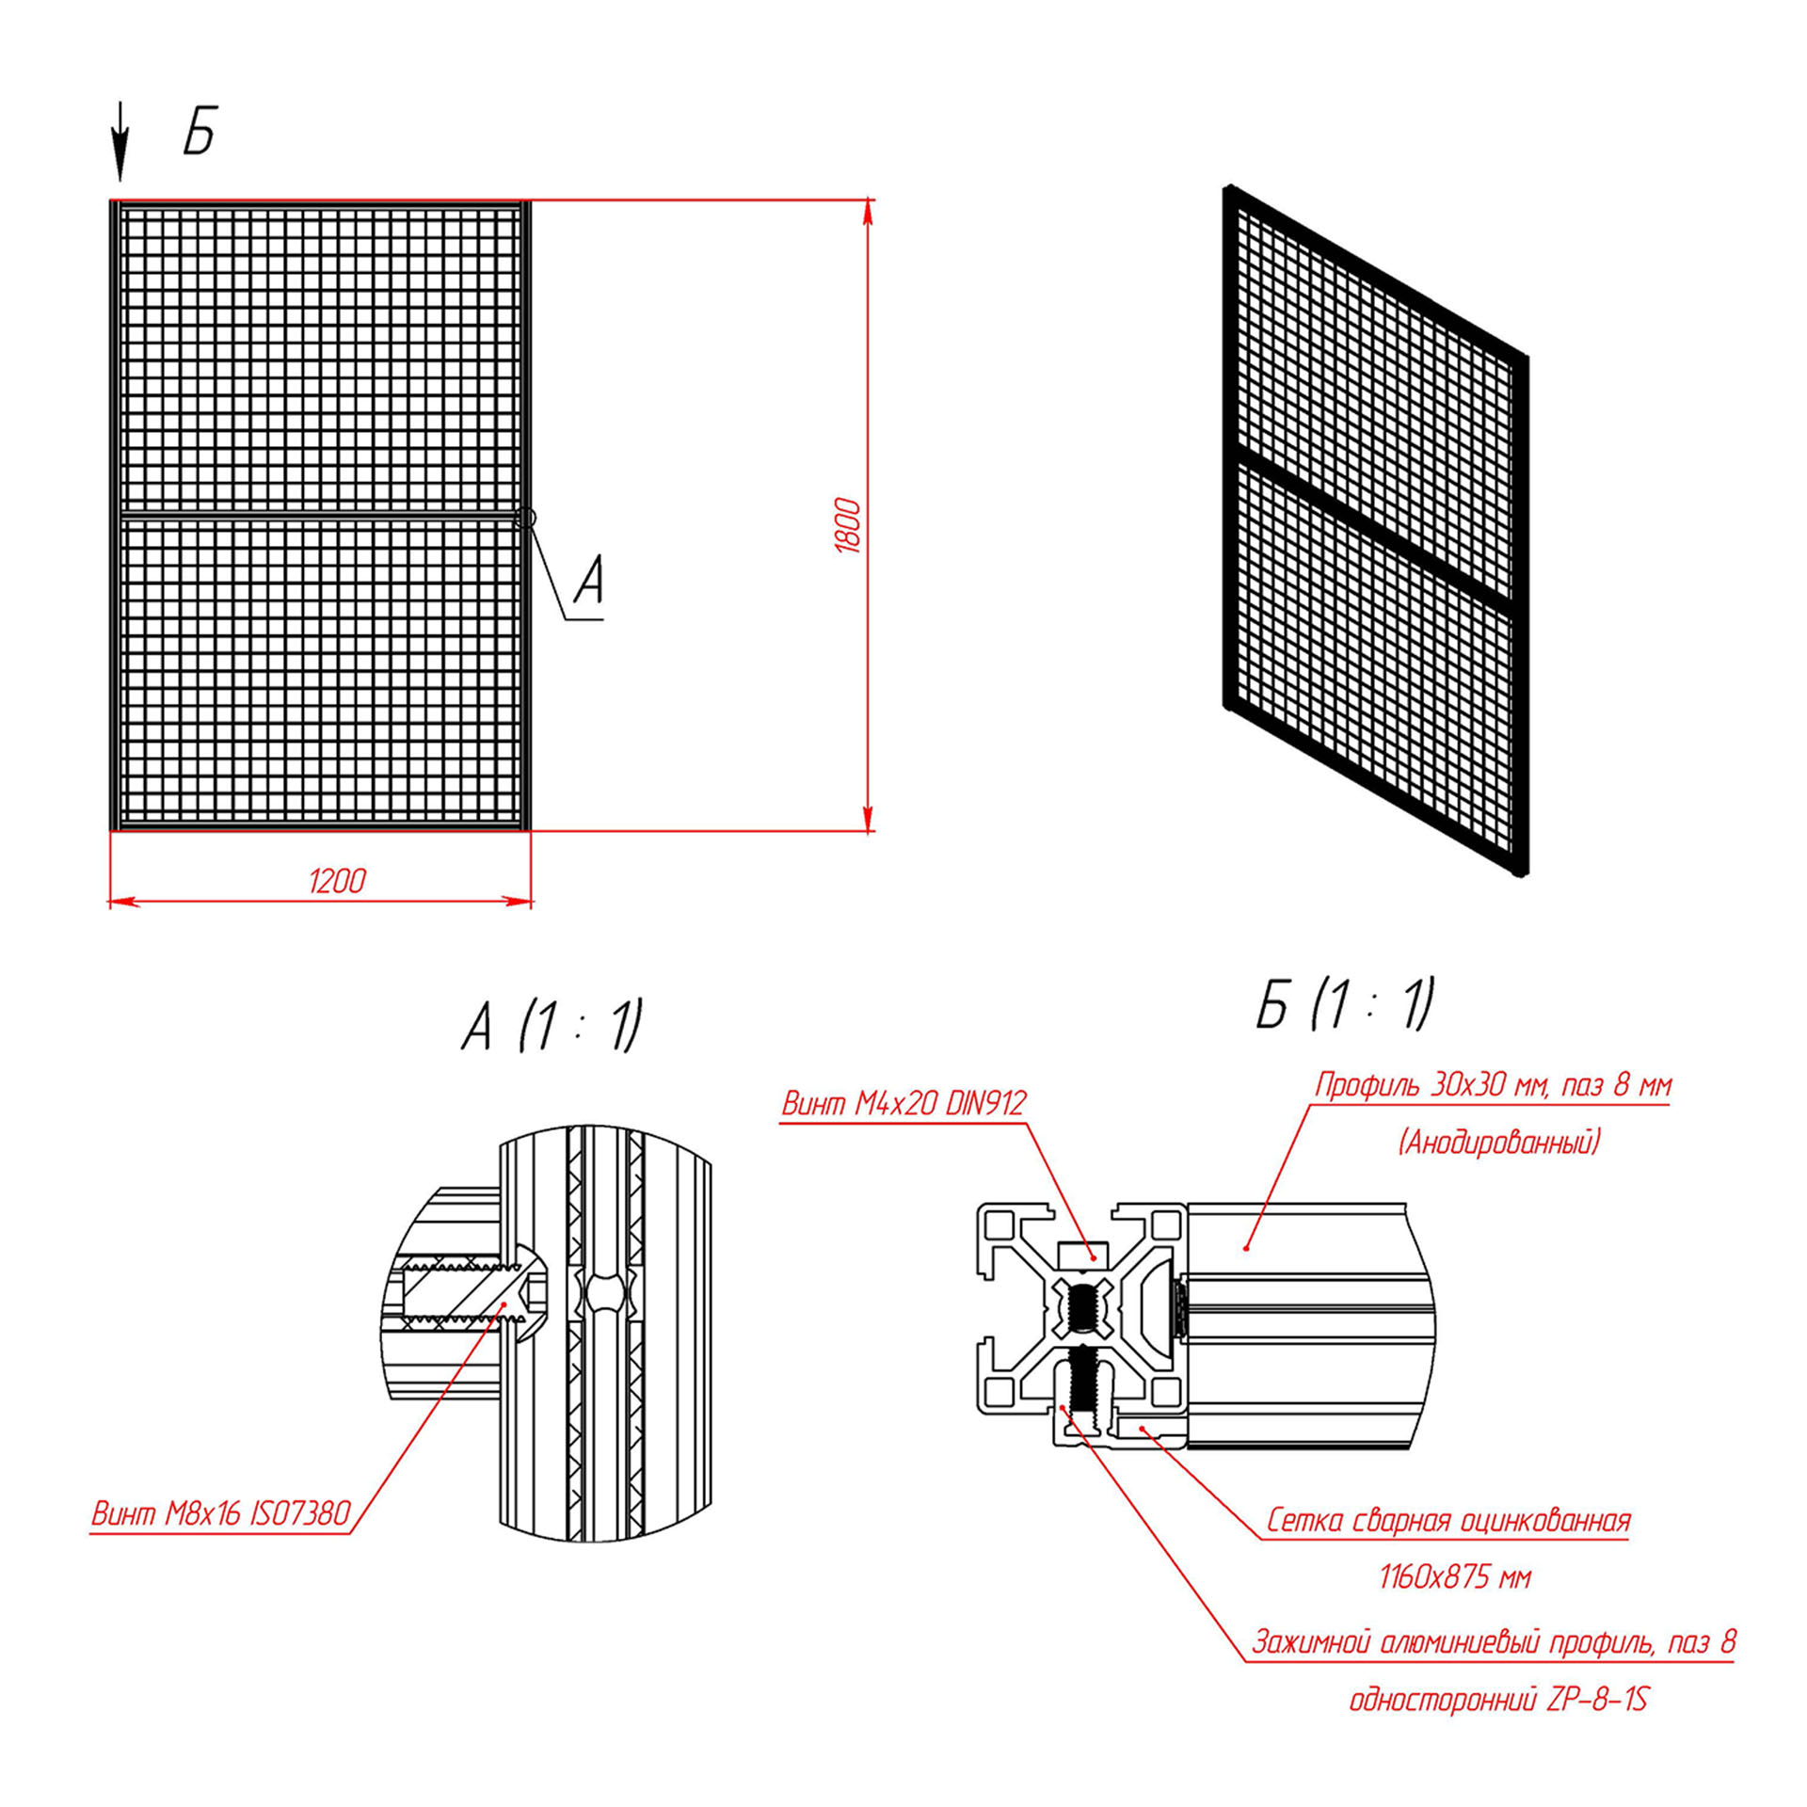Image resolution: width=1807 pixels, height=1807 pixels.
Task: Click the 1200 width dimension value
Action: pos(337,881)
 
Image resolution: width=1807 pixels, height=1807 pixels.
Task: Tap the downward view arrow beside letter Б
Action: pos(120,141)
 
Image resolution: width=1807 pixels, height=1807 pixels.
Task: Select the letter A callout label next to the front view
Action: pos(588,579)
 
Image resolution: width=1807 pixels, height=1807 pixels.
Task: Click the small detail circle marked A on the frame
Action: pos(527,518)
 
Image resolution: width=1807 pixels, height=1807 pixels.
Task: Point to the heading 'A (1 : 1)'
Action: pos(552,1025)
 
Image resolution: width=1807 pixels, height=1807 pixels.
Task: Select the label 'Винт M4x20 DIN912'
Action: pos(903,1103)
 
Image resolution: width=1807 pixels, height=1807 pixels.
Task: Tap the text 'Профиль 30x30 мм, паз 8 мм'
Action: pos(1494,1086)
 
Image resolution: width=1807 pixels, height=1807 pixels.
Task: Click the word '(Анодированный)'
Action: pos(1498,1143)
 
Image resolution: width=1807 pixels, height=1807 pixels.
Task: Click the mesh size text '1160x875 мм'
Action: pos(1455,1577)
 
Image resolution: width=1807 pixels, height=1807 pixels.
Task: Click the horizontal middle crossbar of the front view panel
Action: pos(320,516)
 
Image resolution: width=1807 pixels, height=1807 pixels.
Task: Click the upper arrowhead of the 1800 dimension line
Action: pos(868,213)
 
